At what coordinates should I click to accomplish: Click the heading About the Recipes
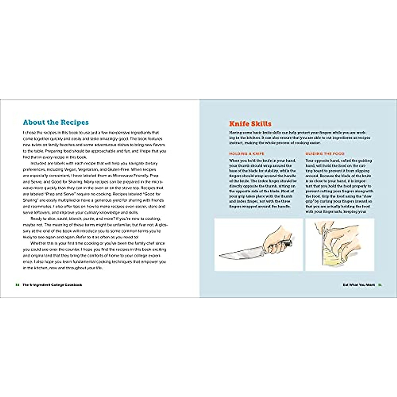tap(56, 122)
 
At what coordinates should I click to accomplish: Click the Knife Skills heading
tap(250, 124)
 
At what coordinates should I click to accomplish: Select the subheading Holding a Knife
tap(246, 154)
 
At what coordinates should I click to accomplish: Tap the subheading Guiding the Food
tap(325, 154)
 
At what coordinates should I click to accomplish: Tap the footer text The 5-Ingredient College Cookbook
tap(52, 285)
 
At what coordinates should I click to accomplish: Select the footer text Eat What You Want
tap(359, 285)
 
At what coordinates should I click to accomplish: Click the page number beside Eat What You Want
tap(380, 285)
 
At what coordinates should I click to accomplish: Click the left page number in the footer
tap(17, 285)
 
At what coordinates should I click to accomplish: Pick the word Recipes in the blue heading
tap(74, 122)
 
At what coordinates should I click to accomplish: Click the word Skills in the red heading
tap(260, 124)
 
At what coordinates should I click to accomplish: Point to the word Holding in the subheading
tap(238, 154)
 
